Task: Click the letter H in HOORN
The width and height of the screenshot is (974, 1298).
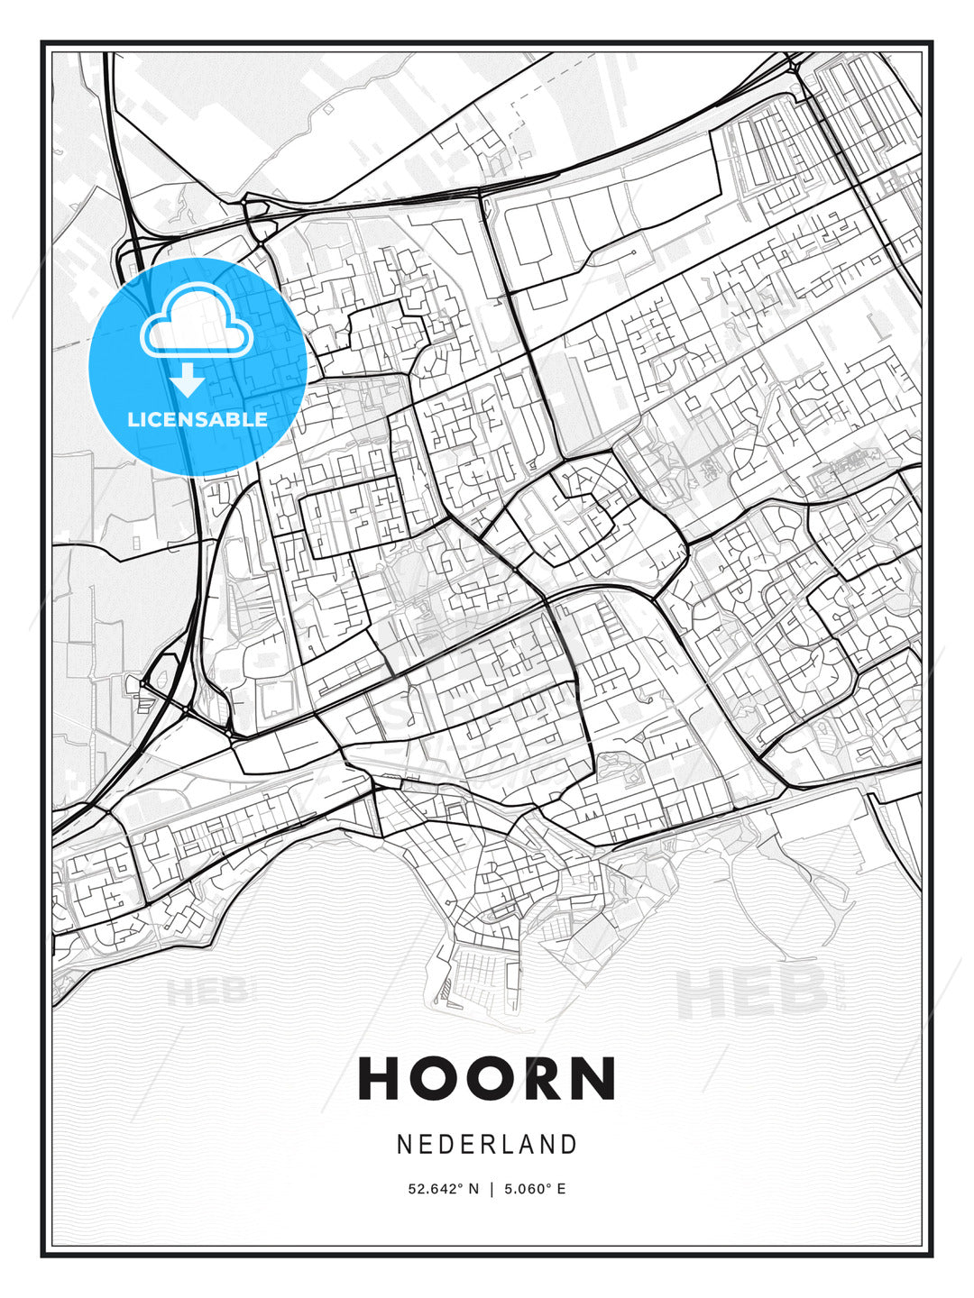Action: [380, 1078]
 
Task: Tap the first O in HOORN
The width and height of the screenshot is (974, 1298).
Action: [436, 1078]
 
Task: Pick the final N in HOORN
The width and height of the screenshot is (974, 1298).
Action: [596, 1078]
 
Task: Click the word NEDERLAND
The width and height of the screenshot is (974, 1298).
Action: [487, 1145]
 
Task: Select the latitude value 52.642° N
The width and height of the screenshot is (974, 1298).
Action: [444, 1189]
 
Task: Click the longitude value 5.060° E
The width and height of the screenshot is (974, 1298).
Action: [535, 1189]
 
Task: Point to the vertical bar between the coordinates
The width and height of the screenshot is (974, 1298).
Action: [492, 1189]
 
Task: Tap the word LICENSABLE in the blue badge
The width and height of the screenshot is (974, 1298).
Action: [198, 419]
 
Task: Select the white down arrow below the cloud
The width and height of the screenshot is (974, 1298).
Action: [188, 380]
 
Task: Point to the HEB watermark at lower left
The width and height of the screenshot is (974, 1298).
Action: [206, 992]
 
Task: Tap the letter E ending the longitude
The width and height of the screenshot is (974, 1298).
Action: [561, 1189]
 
